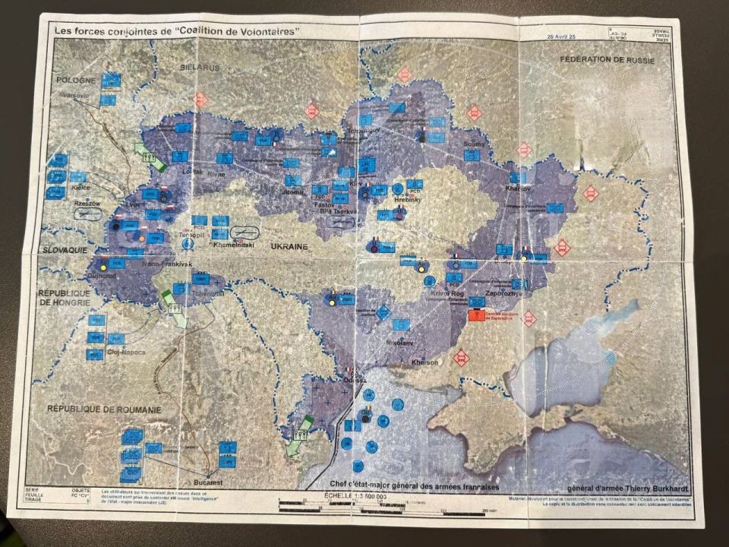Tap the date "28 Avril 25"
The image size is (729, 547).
(566, 36)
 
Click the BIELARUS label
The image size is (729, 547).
(200, 68)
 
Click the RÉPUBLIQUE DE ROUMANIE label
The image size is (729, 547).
(104, 409)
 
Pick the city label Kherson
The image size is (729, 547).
(424, 362)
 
